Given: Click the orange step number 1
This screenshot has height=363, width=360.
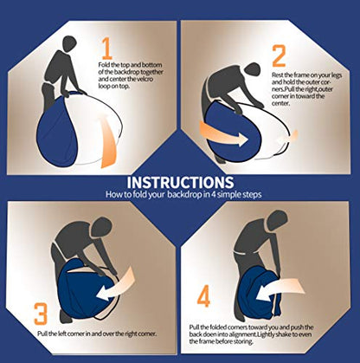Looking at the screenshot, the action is tap(107, 49).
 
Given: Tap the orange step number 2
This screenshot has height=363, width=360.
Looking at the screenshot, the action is tap(279, 55).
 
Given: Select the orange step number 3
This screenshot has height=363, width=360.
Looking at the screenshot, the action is tap(41, 314).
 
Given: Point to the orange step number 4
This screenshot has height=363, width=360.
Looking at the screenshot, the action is tap(203, 296).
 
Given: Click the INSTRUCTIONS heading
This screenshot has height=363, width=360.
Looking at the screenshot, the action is tap(180, 183).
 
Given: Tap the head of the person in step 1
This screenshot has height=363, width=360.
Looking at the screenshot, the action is tap(69, 44).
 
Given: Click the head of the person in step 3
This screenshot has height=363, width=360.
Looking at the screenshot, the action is tap(102, 226).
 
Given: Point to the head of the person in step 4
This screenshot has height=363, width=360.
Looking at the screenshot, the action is tap(277, 219).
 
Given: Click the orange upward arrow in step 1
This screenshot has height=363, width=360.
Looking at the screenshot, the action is tap(109, 141).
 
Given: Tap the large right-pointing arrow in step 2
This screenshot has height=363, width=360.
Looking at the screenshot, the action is tap(223, 134).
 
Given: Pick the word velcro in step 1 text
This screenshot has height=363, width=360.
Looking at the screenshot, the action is tap(145, 79).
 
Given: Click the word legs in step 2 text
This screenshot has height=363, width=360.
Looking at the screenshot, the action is tap(336, 75).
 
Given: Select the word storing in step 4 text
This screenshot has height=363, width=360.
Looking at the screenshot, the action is tap(244, 341).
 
